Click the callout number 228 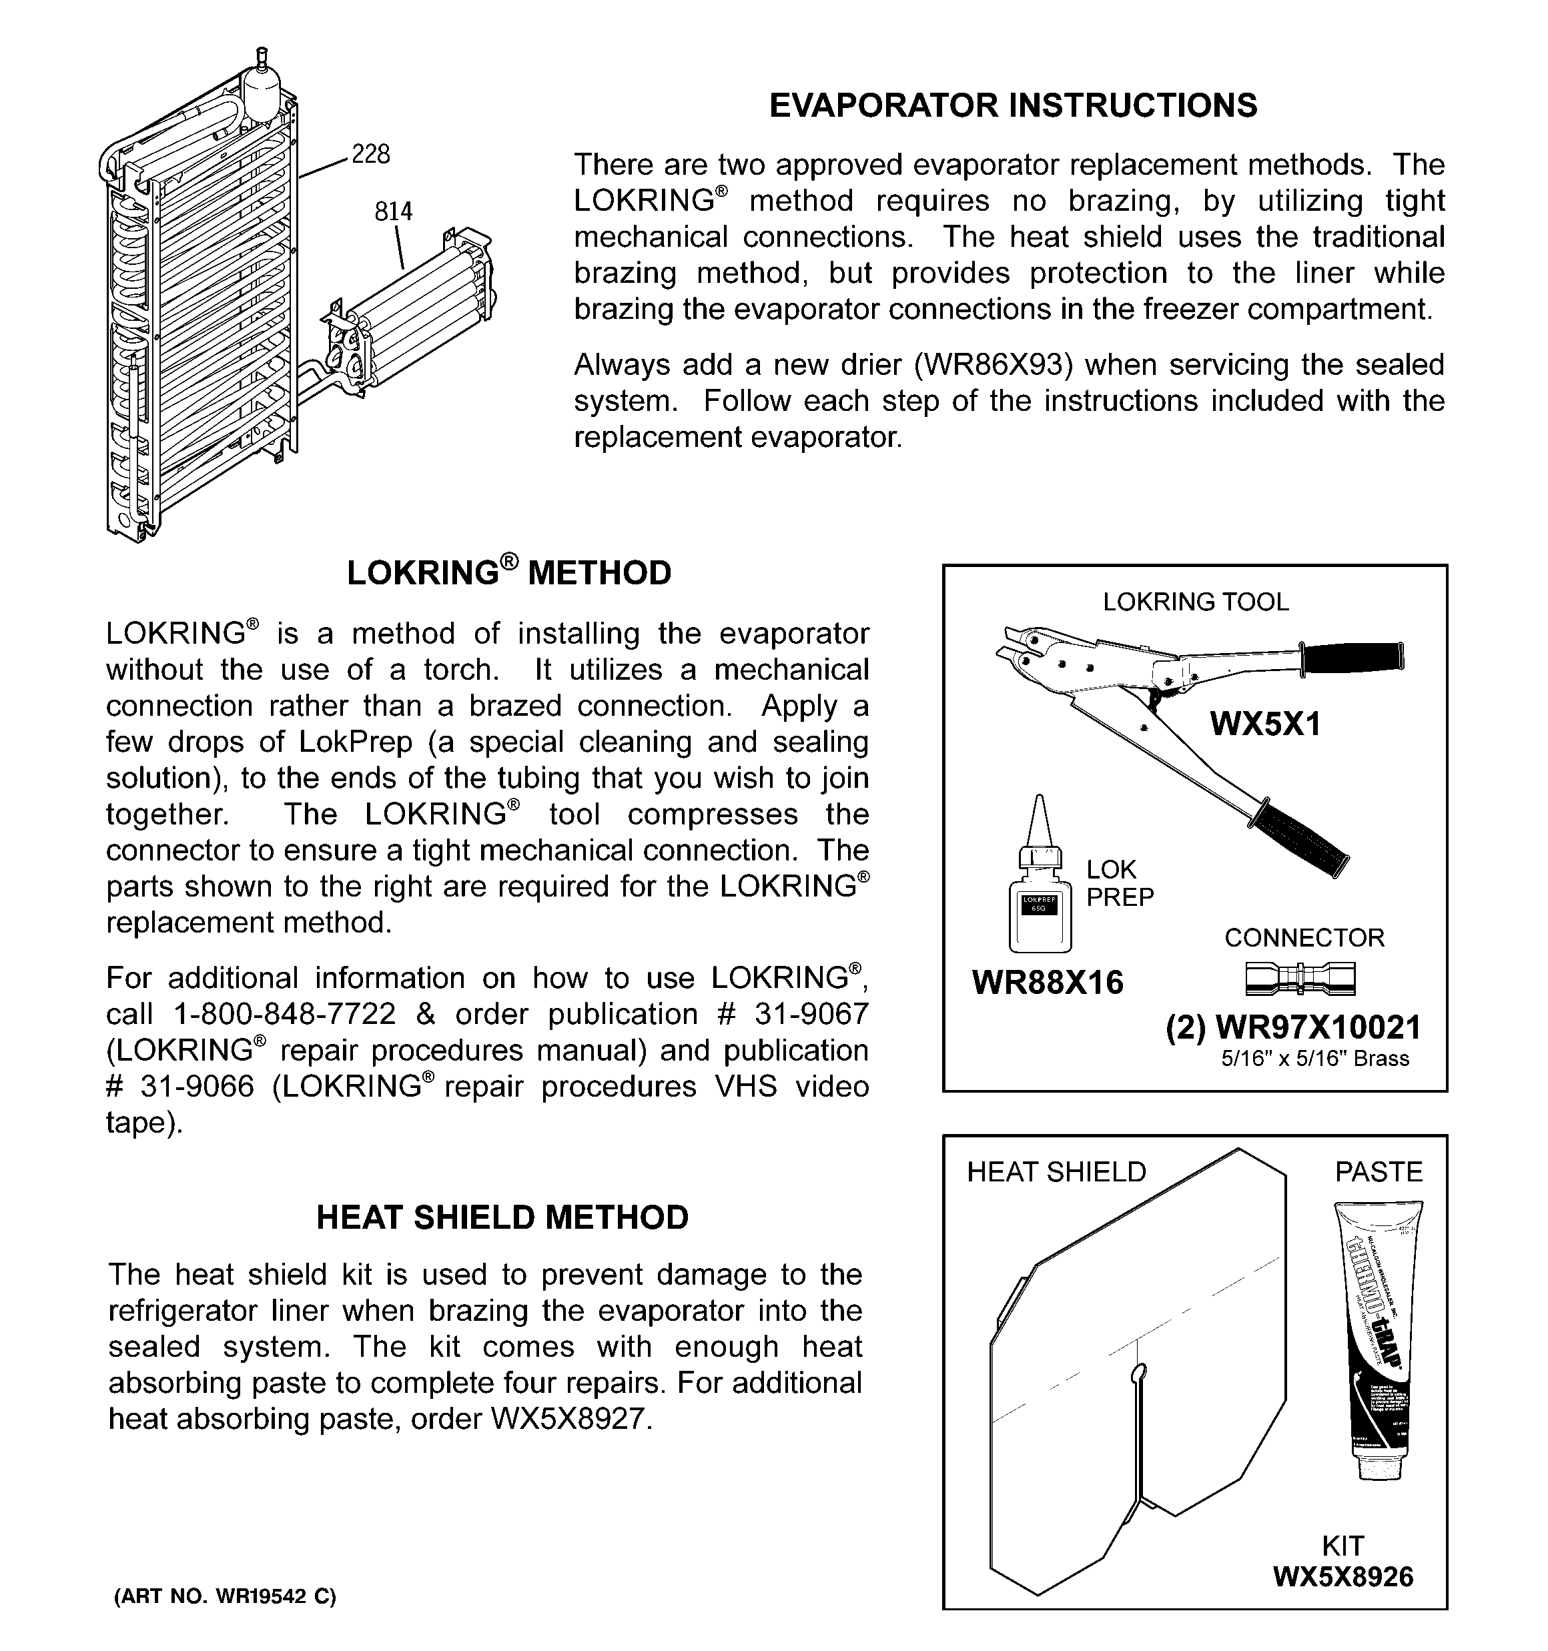[370, 155]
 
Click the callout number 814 [393, 211]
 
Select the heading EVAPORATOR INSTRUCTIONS [1013, 105]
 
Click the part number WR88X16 [1047, 983]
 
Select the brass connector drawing [1300, 979]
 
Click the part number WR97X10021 [1318, 1028]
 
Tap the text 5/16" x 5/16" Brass [1314, 1059]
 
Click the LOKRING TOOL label [1195, 602]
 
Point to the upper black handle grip [1352, 657]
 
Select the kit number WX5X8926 [1342, 1576]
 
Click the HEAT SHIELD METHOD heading [502, 1218]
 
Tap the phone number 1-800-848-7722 [284, 1014]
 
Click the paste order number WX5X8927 [569, 1418]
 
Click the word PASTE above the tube [1379, 1172]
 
